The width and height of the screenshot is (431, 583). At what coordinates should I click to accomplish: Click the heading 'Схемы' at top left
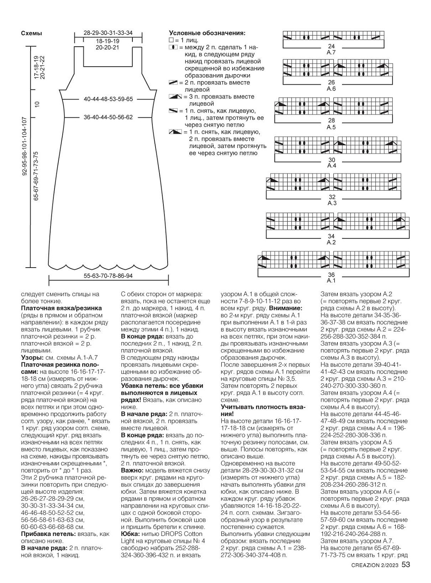click(31, 33)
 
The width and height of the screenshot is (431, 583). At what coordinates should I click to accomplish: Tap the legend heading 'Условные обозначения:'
click(207, 33)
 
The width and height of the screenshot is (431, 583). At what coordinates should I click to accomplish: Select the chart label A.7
click(331, 52)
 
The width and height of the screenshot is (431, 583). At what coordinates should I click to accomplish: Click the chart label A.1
click(331, 281)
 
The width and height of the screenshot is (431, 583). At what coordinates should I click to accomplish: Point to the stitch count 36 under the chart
click(331, 275)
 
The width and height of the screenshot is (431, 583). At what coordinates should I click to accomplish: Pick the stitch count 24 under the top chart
click(331, 46)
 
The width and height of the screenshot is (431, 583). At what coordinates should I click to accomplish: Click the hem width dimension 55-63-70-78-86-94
click(108, 276)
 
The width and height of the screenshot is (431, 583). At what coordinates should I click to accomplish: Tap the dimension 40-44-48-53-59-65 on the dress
click(108, 99)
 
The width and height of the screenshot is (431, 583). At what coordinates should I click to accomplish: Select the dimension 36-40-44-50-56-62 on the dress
click(108, 117)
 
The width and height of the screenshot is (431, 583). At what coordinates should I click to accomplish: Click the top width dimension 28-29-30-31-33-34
click(108, 33)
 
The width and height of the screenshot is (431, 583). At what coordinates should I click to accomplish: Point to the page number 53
click(406, 565)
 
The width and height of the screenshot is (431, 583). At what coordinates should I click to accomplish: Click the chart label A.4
click(331, 166)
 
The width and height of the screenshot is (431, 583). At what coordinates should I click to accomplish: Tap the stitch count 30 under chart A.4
click(331, 160)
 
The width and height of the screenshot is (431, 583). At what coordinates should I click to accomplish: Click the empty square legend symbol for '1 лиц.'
click(171, 40)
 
